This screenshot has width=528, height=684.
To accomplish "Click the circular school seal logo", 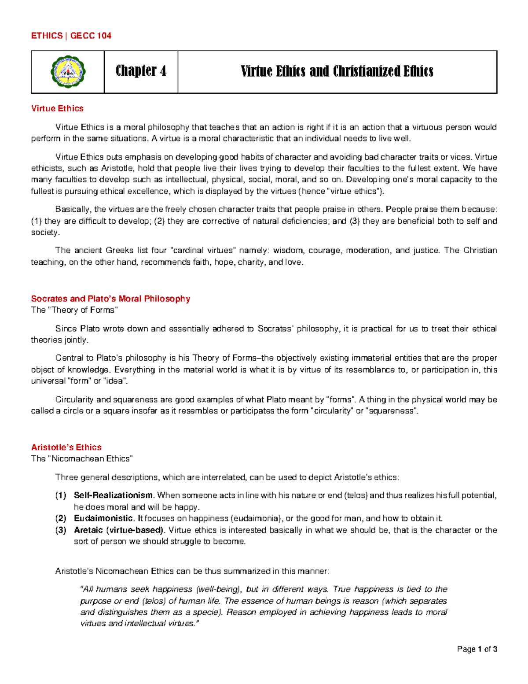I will click(x=68, y=72).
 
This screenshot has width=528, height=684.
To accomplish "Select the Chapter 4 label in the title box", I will click(x=141, y=71).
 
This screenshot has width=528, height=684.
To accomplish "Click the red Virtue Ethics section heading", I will click(x=57, y=108).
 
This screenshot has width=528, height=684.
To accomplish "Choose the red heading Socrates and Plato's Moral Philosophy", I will click(x=110, y=299).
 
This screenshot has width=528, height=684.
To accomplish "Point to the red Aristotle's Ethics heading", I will click(x=66, y=447).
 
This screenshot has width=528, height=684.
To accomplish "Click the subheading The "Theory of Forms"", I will click(x=74, y=310).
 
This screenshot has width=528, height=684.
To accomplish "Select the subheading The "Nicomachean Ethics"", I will click(x=82, y=458).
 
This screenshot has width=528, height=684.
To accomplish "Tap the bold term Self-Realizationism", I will click(x=114, y=495).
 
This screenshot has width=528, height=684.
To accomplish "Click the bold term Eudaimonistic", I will click(x=103, y=518).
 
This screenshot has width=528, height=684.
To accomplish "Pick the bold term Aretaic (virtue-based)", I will click(x=119, y=530).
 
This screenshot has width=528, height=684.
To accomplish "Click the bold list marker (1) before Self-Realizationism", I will click(x=60, y=495).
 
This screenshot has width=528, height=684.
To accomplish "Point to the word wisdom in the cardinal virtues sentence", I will click(x=288, y=251).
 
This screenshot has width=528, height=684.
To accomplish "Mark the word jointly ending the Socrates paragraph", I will click(x=77, y=340).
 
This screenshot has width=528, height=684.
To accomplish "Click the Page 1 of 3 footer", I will click(x=477, y=649).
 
